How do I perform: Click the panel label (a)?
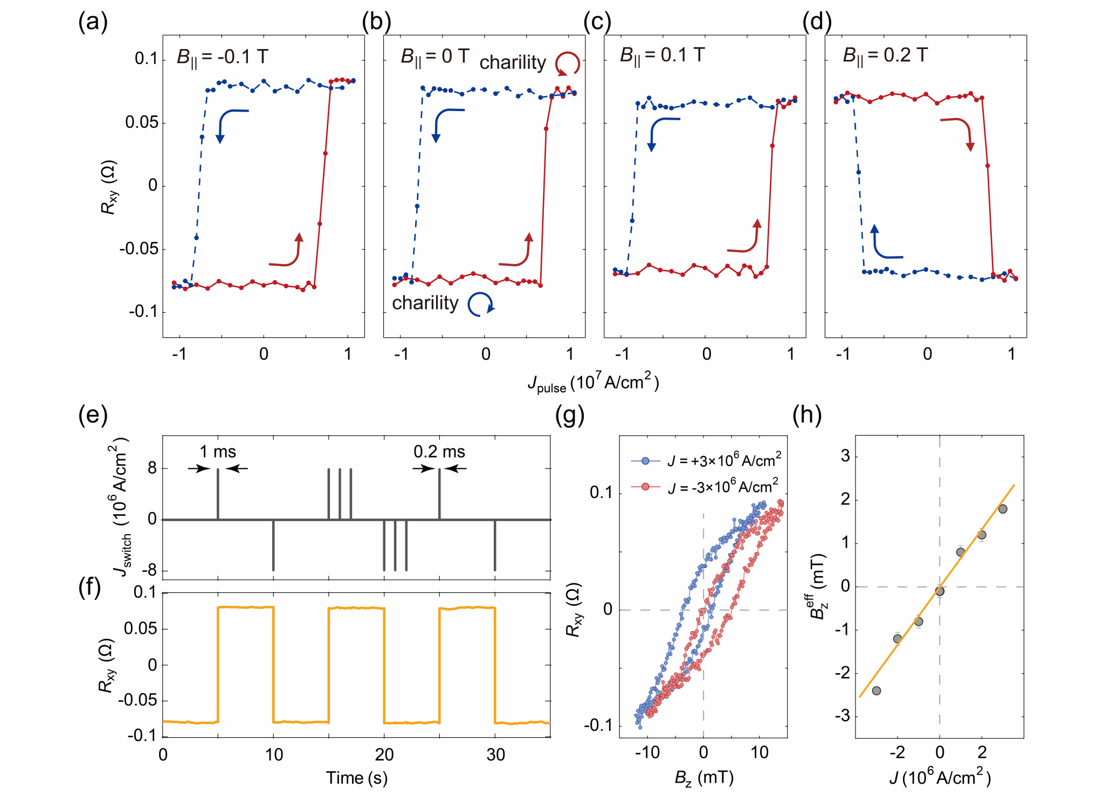tap(93, 23)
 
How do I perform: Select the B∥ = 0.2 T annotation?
tap(885, 56)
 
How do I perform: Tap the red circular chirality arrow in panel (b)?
tap(567, 63)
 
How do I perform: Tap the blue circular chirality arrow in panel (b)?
tap(480, 305)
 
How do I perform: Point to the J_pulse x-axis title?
tap(593, 383)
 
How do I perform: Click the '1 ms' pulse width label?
tap(218, 452)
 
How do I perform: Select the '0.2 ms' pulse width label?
tap(439, 452)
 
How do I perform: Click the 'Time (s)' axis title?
tap(356, 778)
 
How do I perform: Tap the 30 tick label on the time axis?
tap(495, 755)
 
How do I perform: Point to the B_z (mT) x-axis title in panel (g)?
tap(703, 778)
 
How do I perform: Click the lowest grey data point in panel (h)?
tap(876, 690)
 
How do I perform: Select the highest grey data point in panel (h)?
tap(1003, 509)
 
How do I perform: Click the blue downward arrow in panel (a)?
tap(229, 124)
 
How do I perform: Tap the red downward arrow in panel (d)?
tap(960, 132)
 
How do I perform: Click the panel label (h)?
tap(806, 415)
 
